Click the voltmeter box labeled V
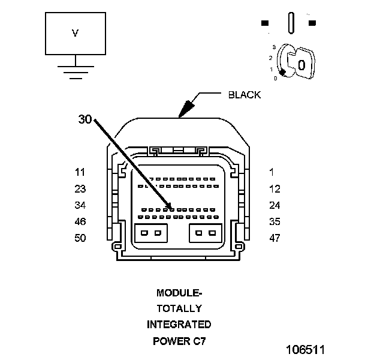coord(76,34)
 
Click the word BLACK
coord(245,95)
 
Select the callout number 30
coord(85,119)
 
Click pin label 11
coord(80,172)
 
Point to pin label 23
coord(80,189)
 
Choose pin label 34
coord(80,205)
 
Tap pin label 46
coord(80,221)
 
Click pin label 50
coord(80,238)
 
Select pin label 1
coord(272,172)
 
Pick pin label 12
coord(275,189)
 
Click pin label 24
coord(275,205)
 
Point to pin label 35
coord(275,221)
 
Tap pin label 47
coord(275,238)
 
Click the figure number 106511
coord(305,349)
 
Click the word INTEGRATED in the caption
coord(179,325)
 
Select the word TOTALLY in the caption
coord(179,309)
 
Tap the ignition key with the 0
coord(298,62)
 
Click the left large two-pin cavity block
coord(151,233)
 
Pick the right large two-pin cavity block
coord(205,233)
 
